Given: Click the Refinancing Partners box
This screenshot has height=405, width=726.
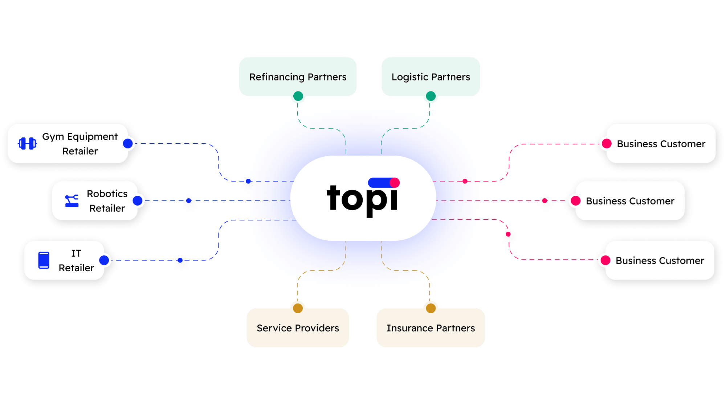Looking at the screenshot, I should tap(298, 77).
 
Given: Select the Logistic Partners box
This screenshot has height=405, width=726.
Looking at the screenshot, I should tap(431, 77).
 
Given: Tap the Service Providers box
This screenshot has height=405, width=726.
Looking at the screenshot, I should tap(298, 328).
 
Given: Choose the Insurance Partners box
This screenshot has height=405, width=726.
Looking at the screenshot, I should tap(431, 328).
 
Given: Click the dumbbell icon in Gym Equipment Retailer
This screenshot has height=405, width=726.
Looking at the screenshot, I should tap(27, 144).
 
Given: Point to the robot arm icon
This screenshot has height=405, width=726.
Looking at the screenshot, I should tap(72, 201).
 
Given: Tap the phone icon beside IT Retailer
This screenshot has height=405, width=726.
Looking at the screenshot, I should tap(44, 260).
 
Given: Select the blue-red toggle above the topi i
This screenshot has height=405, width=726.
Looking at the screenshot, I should tap(384, 182).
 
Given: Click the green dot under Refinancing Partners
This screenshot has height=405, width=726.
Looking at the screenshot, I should tap(298, 96).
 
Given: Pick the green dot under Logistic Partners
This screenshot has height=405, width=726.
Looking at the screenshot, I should tap(431, 96).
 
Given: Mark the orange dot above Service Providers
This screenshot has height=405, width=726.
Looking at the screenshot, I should tap(298, 308).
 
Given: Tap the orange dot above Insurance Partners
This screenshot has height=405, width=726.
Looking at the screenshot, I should tap(431, 308).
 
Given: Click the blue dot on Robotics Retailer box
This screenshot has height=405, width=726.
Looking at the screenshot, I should tap(138, 201).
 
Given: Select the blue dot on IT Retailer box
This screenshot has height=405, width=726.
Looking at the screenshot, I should tap(104, 260).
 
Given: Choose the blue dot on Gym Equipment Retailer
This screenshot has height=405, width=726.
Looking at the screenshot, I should tap(128, 144).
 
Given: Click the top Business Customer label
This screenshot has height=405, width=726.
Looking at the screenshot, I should tap(661, 144).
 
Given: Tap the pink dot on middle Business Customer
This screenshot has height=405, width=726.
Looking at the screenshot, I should tap(575, 201).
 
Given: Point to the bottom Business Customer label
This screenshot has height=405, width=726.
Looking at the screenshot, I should tap(660, 260).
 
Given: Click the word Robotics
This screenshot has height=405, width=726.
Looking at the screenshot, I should tap(107, 194).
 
